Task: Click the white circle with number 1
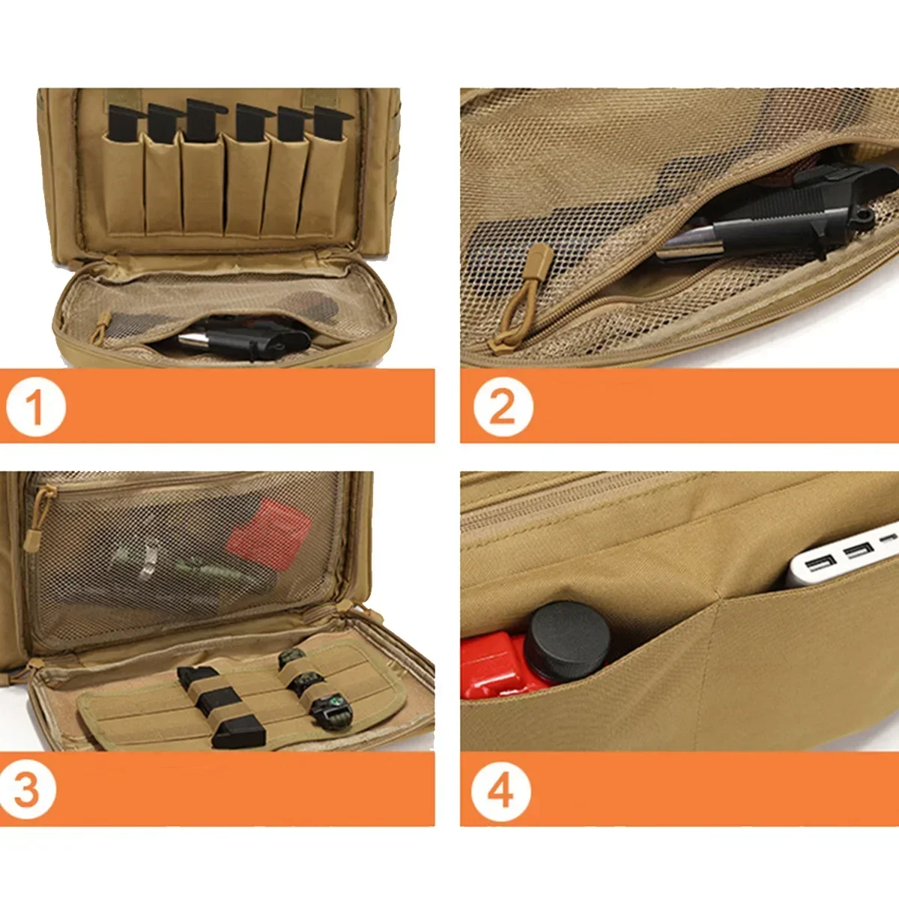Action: [x=35, y=407]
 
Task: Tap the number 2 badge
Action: [x=503, y=407]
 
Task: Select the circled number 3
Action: [x=28, y=790]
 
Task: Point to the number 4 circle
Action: [x=501, y=791]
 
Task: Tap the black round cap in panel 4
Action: [x=566, y=641]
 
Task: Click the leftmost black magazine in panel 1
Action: [x=124, y=123]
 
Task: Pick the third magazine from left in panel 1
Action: [x=203, y=120]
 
